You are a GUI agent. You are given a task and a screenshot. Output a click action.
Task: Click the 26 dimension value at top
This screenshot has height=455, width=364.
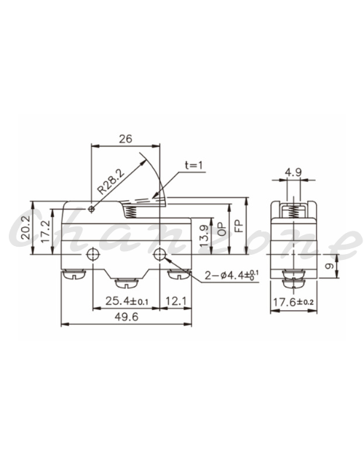pyautogui.click(x=125, y=139)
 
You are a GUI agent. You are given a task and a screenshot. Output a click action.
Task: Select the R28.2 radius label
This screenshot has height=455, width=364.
pyautogui.click(x=111, y=181)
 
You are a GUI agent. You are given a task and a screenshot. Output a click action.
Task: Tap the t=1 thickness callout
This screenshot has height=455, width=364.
pyautogui.click(x=194, y=165)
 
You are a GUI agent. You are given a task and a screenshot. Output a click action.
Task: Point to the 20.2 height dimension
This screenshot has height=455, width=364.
pyautogui.click(x=25, y=227)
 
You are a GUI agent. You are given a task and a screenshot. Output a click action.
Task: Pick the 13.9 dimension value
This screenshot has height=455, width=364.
pyautogui.click(x=204, y=236)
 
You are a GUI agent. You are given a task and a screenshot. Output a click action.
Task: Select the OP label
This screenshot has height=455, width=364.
pyautogui.click(x=221, y=229)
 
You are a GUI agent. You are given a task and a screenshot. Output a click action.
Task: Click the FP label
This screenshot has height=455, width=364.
pyautogui.click(x=239, y=226)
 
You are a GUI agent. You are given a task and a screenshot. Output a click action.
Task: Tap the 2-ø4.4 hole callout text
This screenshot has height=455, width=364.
pyautogui.click(x=232, y=274)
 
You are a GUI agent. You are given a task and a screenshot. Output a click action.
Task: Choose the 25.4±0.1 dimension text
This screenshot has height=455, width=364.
pyautogui.click(x=127, y=301)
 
